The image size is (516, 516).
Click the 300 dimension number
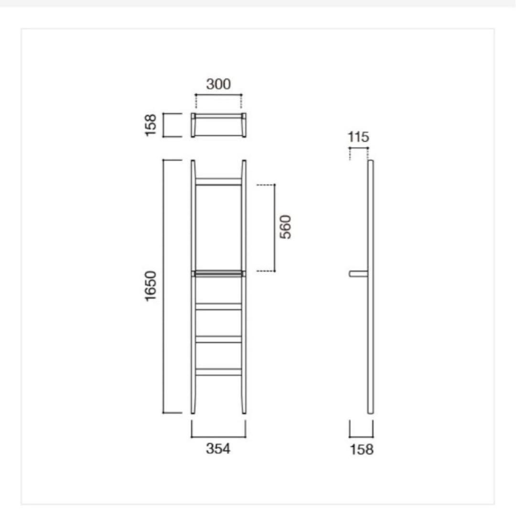point(218,85)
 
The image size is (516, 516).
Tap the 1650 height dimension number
point(151,286)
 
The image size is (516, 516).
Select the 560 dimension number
point(285,227)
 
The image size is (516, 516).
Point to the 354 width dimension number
point(218,449)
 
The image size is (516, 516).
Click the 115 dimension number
point(359,138)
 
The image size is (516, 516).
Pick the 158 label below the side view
point(362,450)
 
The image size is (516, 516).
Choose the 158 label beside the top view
point(151,125)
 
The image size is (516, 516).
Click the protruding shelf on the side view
point(358,274)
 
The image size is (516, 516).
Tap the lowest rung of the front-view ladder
point(218,372)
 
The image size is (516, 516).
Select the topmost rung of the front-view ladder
point(218,181)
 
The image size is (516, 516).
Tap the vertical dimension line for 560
point(275,227)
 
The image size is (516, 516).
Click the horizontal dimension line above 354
point(218,437)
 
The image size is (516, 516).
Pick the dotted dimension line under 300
point(218,95)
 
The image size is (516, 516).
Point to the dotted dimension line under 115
point(359,148)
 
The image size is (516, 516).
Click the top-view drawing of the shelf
point(218,125)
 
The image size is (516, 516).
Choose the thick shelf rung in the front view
point(218,274)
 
